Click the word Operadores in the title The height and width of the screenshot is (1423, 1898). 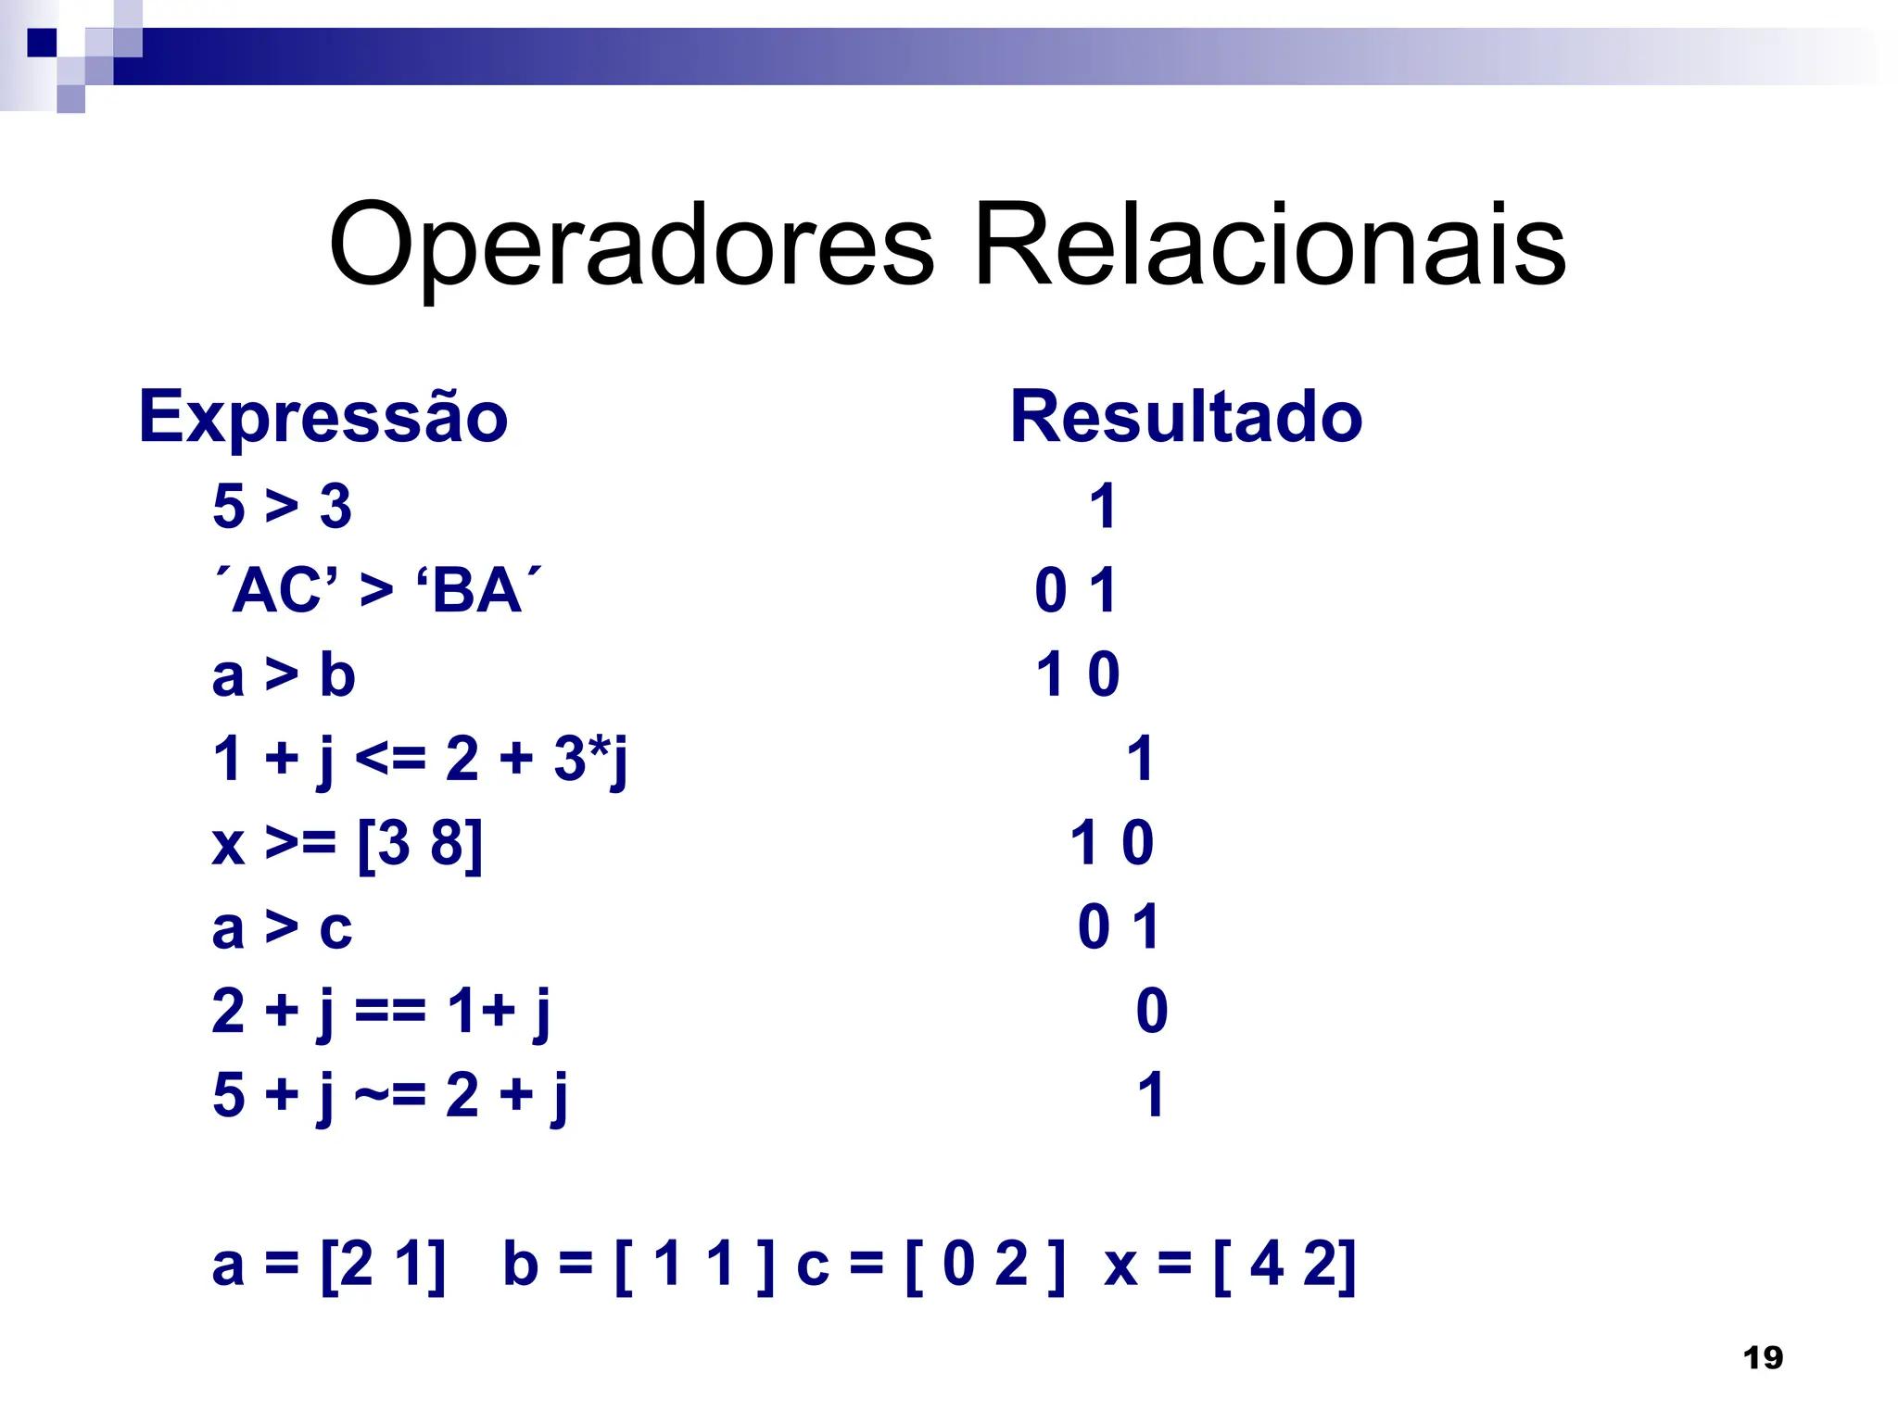point(631,246)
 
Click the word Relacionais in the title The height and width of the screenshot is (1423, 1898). point(1270,246)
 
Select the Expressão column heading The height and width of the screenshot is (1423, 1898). point(323,418)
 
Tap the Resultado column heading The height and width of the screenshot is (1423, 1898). point(1186,418)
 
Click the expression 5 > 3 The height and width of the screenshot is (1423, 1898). point(282,507)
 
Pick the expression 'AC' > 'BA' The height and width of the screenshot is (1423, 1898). point(377,590)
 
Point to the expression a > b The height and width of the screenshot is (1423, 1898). point(284,674)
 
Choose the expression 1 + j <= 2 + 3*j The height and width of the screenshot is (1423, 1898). point(420,760)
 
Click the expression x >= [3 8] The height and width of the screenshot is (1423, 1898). point(348,844)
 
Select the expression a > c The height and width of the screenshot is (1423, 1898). point(282,927)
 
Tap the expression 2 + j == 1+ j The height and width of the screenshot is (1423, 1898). point(381,1012)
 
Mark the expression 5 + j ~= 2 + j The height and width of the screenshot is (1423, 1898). point(390,1096)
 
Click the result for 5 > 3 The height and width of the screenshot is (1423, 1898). point(1102,507)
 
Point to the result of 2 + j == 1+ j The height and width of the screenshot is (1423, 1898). point(1152,1011)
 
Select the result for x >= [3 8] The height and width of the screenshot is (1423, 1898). point(1112,844)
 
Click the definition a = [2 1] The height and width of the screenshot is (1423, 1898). point(329,1265)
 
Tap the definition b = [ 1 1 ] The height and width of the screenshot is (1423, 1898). point(639,1265)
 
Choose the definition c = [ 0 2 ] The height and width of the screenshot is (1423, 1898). point(930,1265)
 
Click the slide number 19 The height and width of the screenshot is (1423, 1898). point(1763,1358)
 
